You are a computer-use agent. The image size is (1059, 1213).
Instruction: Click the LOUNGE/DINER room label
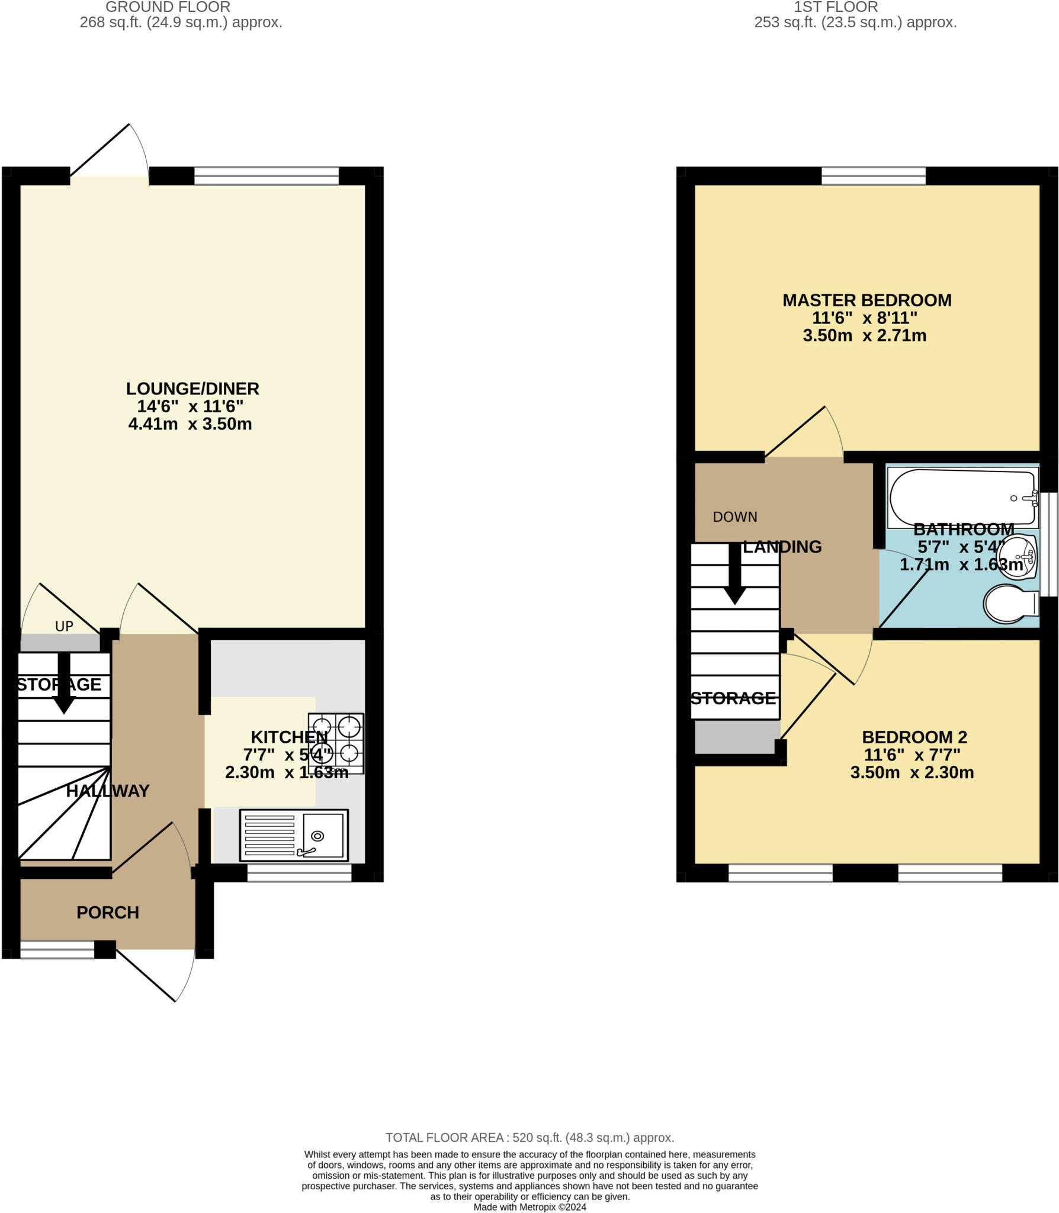pos(192,389)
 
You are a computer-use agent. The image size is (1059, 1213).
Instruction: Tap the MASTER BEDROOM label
pos(867,300)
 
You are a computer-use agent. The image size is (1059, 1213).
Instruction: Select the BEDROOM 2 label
pos(914,737)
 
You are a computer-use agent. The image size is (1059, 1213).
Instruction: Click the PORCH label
pos(108,912)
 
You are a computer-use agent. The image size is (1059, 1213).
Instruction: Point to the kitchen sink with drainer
pos(294,836)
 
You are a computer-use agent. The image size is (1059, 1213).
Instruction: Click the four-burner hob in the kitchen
pos(336,743)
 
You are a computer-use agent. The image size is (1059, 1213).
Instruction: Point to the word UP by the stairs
pos(64,627)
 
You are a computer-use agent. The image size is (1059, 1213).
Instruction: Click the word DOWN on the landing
pos(735,517)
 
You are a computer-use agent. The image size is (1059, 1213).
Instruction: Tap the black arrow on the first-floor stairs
pos(735,575)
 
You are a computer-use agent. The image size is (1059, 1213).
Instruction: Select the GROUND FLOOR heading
pos(168,8)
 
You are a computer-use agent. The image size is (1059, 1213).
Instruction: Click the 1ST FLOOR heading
pos(836,8)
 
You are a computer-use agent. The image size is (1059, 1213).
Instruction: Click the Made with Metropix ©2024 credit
pos(529,1207)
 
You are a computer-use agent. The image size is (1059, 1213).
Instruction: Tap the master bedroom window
pos(874,176)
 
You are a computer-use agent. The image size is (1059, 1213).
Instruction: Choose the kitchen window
pos(299,873)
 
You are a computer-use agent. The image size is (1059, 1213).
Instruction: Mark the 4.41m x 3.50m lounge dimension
pos(190,424)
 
